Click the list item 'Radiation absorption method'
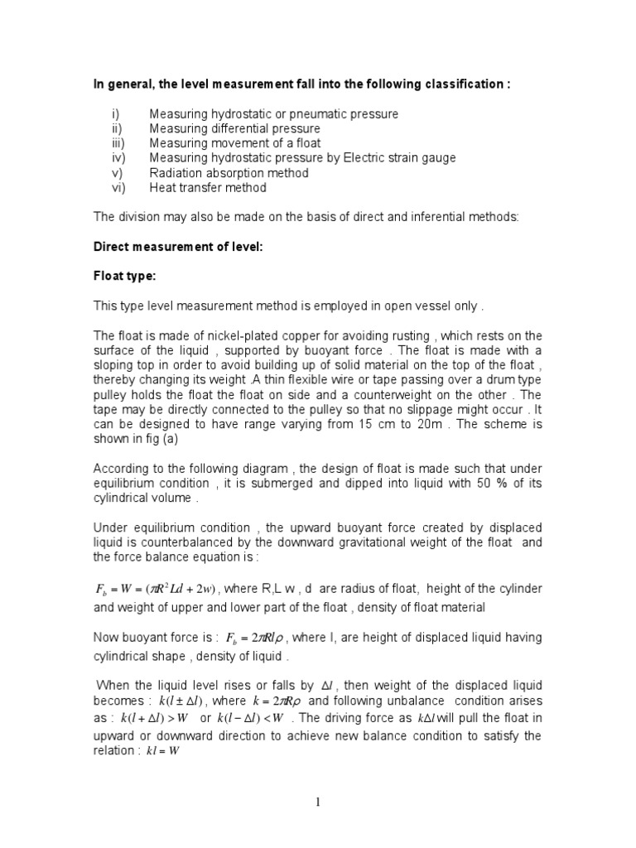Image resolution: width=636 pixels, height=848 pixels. coord(229,173)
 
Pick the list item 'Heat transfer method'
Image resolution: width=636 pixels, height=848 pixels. coord(208,188)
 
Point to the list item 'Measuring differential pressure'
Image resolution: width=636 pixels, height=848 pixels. coord(234,128)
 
